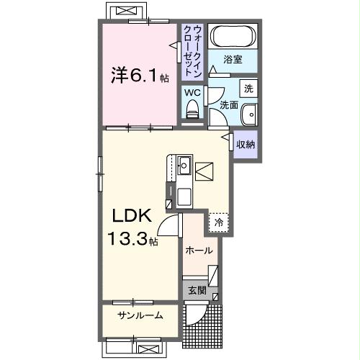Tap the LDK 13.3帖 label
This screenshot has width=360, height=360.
click(x=130, y=227)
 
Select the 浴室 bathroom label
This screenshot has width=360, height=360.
click(x=232, y=59)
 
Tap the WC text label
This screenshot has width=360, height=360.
click(x=192, y=92)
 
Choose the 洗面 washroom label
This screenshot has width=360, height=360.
click(x=229, y=105)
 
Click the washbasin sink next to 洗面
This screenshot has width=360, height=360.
click(x=249, y=114)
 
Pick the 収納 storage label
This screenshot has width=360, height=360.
click(x=246, y=143)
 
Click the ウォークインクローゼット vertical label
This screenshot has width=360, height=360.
click(x=192, y=48)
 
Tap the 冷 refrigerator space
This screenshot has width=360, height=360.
click(x=218, y=223)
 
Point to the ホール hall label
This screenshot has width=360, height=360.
click(x=199, y=251)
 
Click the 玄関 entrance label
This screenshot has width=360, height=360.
click(x=197, y=291)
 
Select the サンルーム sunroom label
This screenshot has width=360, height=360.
click(x=140, y=315)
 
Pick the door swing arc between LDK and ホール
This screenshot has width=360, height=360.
click(x=168, y=227)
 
